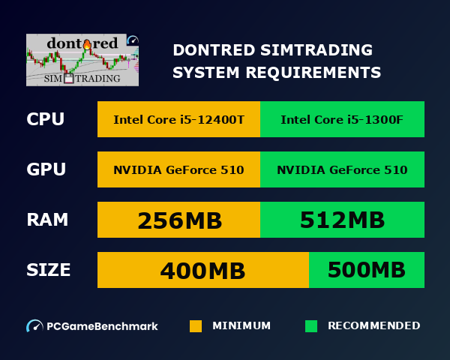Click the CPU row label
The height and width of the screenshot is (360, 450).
[45, 120]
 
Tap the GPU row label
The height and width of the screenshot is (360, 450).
[46, 169]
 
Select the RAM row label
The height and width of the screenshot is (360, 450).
[47, 220]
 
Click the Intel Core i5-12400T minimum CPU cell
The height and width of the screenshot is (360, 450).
[178, 120]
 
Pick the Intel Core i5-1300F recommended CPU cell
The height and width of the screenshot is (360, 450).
[342, 120]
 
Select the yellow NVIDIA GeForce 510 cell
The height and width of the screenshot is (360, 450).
[178, 169]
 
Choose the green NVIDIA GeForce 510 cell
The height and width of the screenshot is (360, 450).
[342, 169]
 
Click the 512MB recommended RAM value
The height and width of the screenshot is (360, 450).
[342, 220]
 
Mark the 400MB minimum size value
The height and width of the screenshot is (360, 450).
[202, 270]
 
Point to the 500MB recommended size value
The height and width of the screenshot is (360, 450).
[367, 270]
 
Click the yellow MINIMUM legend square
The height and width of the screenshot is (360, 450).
[196, 326]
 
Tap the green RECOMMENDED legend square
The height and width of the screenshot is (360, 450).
[311, 326]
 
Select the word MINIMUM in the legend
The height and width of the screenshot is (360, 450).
[241, 326]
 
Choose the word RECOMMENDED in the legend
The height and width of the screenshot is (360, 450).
[373, 326]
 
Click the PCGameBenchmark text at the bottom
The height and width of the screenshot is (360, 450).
[103, 326]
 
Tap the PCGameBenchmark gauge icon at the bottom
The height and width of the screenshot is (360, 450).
[34, 326]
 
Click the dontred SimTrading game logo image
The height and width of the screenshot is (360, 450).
[82, 60]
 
